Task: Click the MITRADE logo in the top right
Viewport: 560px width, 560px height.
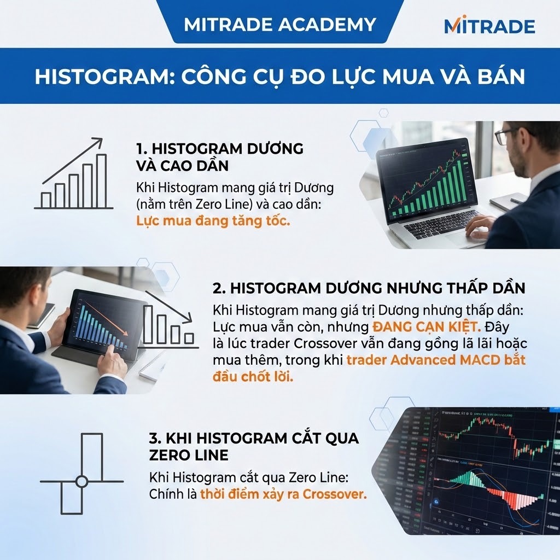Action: point(489,25)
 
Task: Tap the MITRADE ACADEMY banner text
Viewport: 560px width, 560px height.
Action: point(280,25)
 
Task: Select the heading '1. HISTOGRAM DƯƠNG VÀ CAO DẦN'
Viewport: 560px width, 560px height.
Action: point(219,156)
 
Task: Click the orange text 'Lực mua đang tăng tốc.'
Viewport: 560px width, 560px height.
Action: point(212,221)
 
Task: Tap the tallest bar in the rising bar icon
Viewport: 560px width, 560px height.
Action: point(101,180)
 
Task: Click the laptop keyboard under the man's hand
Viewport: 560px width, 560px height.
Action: point(437,224)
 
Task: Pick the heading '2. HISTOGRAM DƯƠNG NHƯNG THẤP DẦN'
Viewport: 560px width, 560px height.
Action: point(369,288)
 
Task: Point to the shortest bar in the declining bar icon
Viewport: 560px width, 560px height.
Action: point(189,338)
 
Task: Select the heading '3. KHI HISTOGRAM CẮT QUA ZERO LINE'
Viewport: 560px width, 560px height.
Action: point(254,446)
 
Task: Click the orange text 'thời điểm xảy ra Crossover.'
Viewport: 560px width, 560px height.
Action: point(283,494)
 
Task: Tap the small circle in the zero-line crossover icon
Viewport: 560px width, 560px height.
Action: point(81,481)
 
